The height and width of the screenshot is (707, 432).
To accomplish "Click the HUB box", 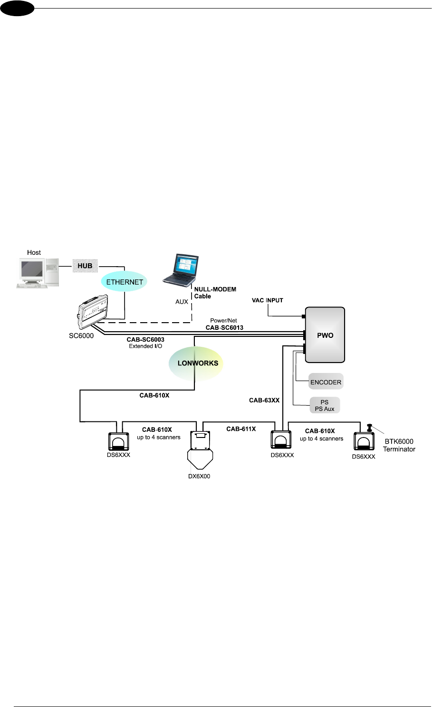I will point(85,266).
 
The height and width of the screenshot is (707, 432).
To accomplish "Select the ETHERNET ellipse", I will point(125,282).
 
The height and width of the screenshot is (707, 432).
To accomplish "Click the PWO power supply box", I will point(325,335).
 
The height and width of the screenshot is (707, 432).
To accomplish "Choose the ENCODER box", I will point(326,382).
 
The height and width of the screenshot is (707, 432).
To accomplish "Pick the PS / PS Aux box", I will point(325,405).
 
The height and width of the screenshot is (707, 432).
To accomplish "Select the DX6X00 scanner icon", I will point(200,450).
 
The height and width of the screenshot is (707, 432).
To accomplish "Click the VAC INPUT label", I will point(268,300).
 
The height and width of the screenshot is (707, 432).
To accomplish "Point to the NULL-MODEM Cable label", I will point(215,293).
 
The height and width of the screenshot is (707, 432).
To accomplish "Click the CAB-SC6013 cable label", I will point(224,327).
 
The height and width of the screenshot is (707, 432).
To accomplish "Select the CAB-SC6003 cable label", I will point(145,340).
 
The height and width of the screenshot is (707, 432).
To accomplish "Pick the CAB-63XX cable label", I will point(264,400).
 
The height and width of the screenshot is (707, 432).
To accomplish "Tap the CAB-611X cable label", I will point(241,429).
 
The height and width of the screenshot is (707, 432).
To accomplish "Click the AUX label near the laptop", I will point(182,302).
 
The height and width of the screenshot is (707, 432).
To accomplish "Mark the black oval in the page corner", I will point(17,8).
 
